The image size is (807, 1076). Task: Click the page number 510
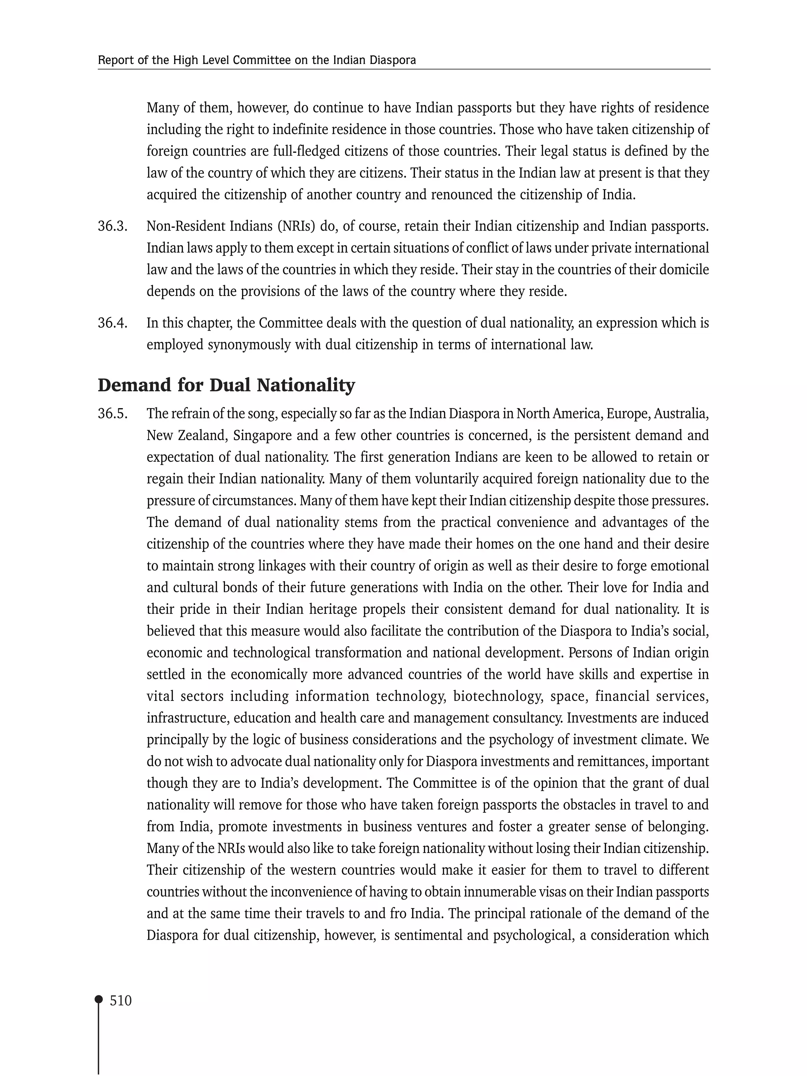(x=121, y=1001)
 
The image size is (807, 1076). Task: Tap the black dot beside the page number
(x=99, y=999)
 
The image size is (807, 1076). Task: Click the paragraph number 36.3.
(x=112, y=226)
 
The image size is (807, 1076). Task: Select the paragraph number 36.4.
(x=112, y=323)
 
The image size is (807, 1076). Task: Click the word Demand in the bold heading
(x=134, y=385)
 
